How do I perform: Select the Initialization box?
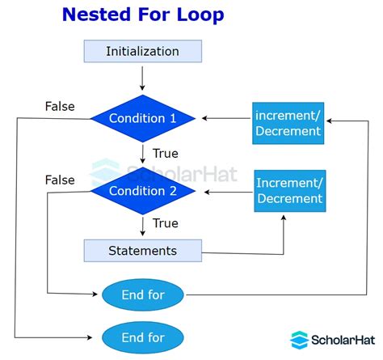(142, 52)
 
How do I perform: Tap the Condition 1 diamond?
(141, 119)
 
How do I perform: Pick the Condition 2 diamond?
(141, 192)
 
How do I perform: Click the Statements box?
(142, 250)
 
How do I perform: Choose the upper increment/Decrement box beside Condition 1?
(288, 123)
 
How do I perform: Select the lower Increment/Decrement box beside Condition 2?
(289, 191)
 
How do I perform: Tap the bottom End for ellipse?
(143, 337)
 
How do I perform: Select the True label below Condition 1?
(164, 153)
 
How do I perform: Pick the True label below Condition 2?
(164, 222)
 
